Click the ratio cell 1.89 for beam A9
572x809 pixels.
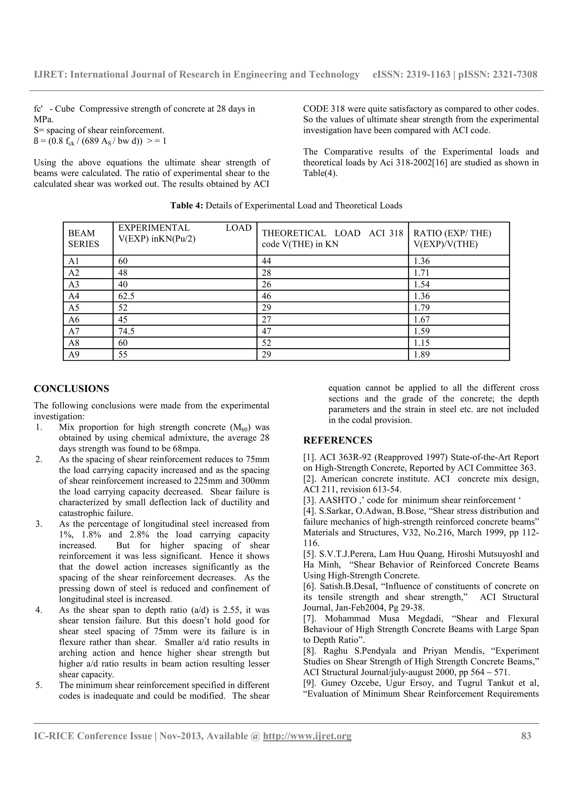[421, 355]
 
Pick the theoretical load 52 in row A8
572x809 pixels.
[266, 343]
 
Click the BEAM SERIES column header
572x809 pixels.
[84, 239]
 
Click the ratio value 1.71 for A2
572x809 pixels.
[421, 273]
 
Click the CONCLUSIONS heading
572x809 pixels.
[71, 389]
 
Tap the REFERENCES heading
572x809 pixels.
[338, 441]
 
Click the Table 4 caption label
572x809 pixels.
[187, 205]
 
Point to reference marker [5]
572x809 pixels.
[309, 554]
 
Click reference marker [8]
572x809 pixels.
[309, 651]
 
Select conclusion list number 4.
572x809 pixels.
[39, 610]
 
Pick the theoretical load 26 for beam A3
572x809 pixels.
[266, 284]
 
